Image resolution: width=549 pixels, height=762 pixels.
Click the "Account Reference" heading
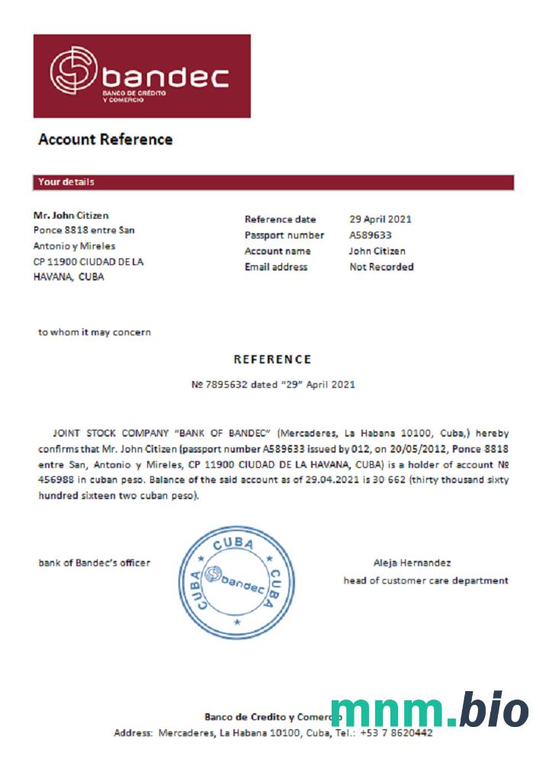tap(105, 139)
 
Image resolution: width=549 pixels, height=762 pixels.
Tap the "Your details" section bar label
tap(66, 182)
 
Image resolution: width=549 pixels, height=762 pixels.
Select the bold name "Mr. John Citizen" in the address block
tap(71, 216)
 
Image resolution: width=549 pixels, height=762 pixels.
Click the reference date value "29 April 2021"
tap(380, 219)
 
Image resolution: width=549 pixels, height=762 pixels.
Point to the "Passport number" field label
tap(284, 235)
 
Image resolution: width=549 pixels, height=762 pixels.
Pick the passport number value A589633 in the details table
tap(371, 235)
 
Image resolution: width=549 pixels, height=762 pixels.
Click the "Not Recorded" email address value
tap(381, 267)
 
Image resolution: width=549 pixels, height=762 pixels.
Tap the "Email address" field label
tap(275, 267)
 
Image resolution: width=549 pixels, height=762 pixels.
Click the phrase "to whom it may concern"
tap(95, 332)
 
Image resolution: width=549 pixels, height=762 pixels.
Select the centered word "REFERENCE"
tap(272, 360)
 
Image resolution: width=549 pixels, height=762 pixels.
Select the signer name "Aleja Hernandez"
tap(412, 563)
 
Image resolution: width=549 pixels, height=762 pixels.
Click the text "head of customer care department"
tap(425, 581)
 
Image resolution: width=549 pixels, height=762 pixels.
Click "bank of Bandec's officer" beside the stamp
tap(95, 563)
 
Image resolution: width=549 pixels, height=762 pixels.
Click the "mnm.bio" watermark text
tap(429, 711)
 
